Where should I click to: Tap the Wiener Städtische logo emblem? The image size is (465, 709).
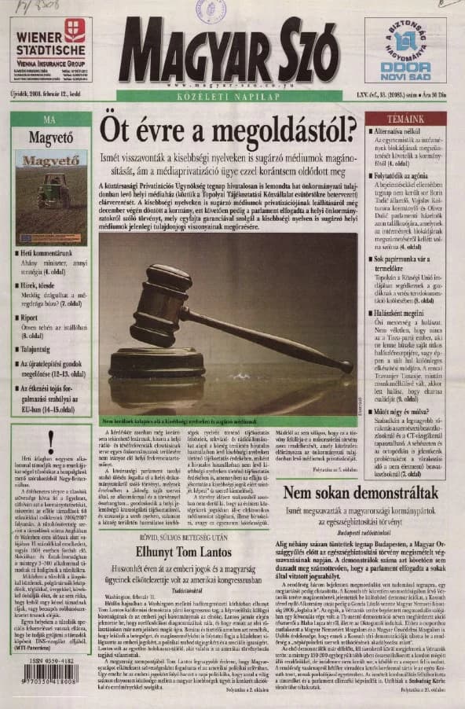(75, 30)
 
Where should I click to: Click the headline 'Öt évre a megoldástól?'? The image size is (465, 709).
(229, 127)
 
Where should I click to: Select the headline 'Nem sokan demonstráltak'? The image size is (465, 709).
(361, 493)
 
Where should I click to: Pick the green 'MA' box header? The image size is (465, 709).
(50, 119)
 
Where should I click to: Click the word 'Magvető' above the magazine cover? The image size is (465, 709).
(50, 139)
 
